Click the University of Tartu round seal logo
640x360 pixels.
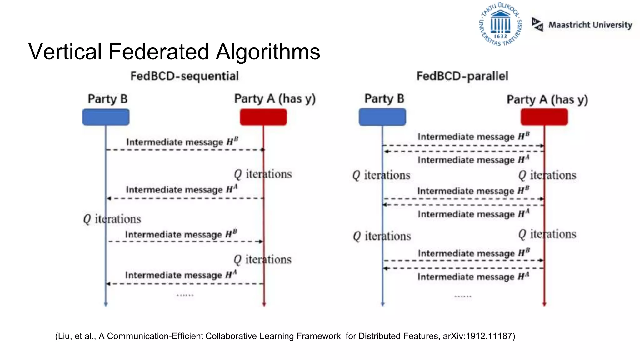(x=500, y=24)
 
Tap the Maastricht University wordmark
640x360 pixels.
(x=590, y=25)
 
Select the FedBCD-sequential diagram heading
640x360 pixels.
(x=184, y=76)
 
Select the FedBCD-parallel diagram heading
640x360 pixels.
(x=462, y=76)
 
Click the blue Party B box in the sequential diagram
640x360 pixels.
(x=106, y=117)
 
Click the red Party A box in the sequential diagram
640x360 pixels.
(x=263, y=117)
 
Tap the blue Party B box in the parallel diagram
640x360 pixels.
(x=382, y=117)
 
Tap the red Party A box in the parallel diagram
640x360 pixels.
(x=544, y=117)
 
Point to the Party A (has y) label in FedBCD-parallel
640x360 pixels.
(x=547, y=100)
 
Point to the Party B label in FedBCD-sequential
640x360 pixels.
(x=107, y=99)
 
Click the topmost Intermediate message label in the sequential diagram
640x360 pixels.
(x=182, y=142)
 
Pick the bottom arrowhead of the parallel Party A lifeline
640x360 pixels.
(x=544, y=304)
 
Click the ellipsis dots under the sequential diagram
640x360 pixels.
(x=185, y=295)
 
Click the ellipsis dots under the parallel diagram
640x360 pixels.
(x=463, y=296)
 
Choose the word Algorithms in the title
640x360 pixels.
(x=268, y=52)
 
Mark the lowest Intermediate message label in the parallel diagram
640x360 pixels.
(x=473, y=277)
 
